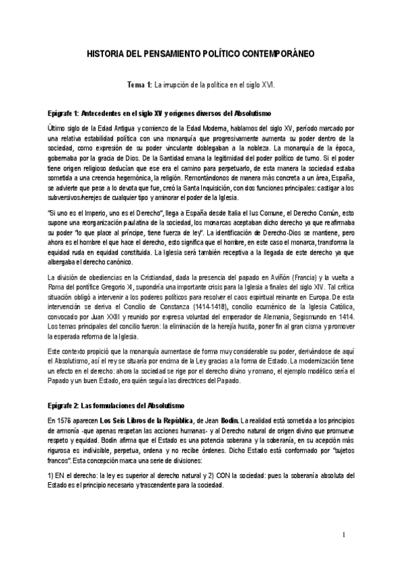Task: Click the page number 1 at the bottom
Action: coord(343,536)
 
